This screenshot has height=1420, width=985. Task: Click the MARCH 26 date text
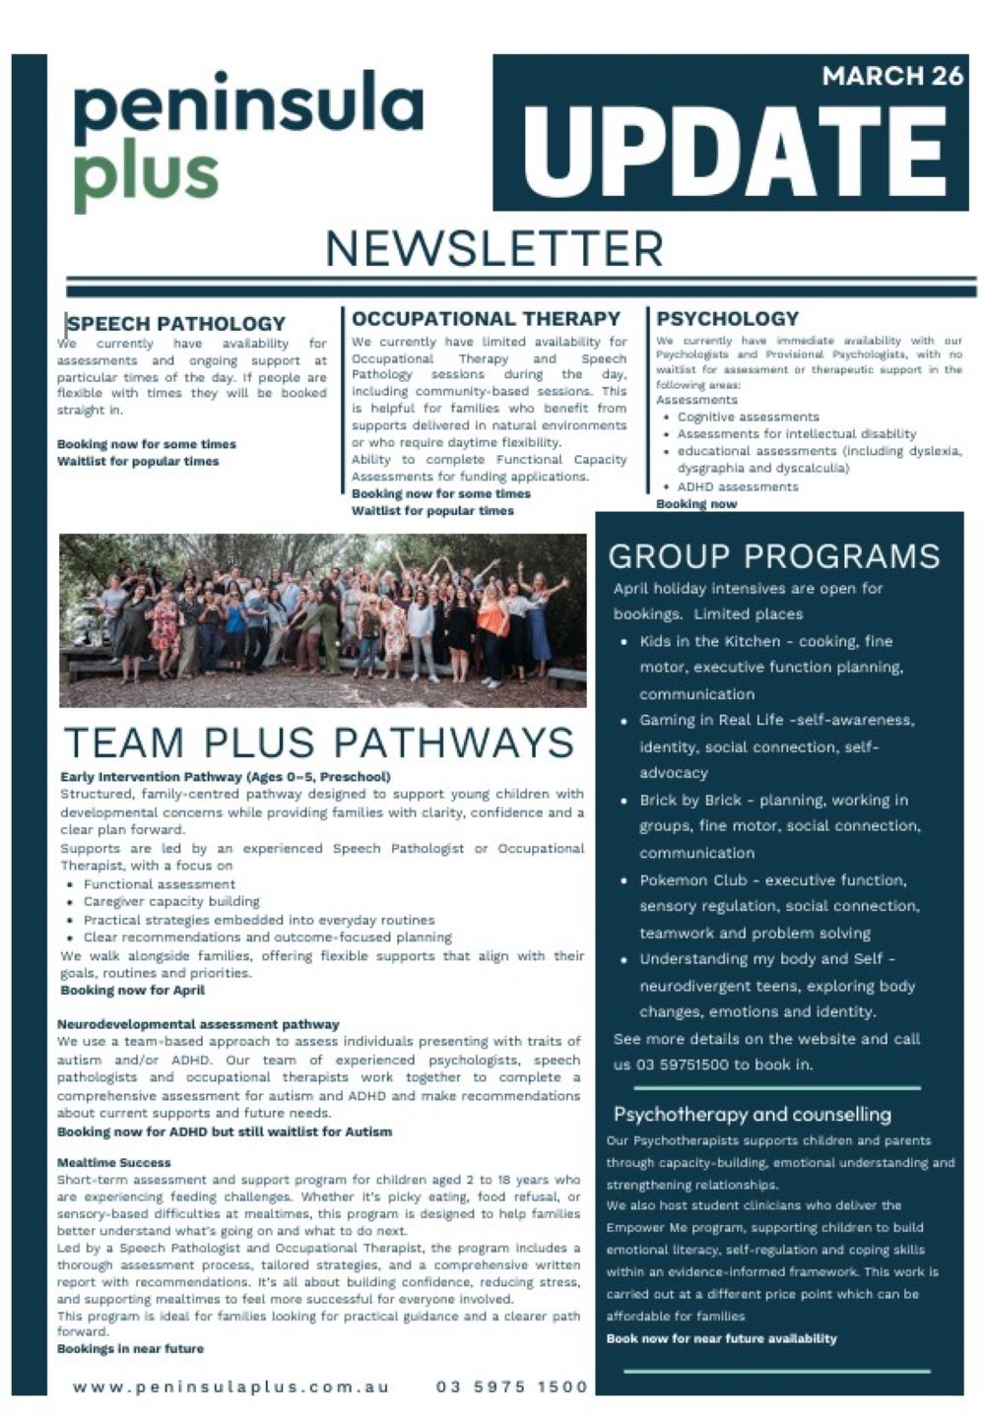[891, 77]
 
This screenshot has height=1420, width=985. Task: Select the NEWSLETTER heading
[494, 249]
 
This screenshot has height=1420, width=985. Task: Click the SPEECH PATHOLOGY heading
[176, 323]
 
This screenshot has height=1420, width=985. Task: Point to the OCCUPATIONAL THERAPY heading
[486, 318]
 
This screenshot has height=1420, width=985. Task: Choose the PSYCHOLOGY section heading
[727, 318]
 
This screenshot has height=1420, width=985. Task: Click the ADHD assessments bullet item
[738, 486]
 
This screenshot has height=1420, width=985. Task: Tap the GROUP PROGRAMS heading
[774, 556]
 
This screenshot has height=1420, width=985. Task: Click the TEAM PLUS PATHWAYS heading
[318, 742]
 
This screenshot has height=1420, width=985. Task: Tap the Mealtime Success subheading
[113, 1162]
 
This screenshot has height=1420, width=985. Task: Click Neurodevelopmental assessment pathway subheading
[198, 1024]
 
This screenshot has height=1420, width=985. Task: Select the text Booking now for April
[132, 990]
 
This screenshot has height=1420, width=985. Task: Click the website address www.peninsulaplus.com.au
[230, 1387]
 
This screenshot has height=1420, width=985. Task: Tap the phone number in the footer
[511, 1387]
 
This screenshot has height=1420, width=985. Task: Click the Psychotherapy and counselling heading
[752, 1114]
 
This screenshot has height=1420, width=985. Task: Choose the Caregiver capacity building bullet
[171, 901]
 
